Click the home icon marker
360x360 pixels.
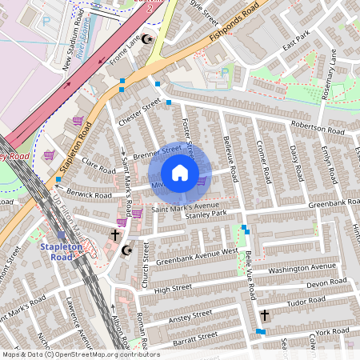click(x=180, y=173)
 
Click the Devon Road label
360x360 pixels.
click(x=326, y=284)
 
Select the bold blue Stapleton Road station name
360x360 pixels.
click(x=62, y=253)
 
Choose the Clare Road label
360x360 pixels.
click(x=99, y=170)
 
